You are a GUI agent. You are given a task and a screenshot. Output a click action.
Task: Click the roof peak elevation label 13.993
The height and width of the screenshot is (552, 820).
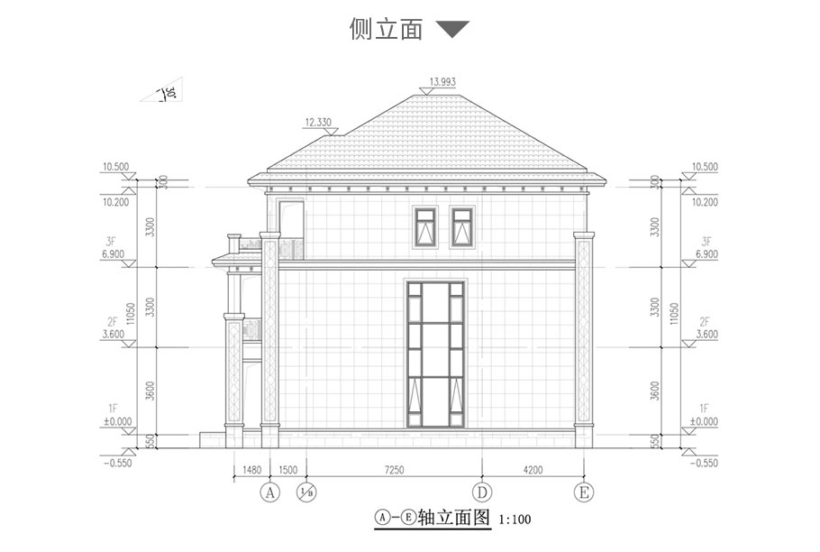point(442,82)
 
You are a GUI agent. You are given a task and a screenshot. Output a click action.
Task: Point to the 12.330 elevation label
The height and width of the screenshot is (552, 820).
point(320,122)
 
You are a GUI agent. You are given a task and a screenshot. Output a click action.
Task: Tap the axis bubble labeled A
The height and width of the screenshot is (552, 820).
point(268,492)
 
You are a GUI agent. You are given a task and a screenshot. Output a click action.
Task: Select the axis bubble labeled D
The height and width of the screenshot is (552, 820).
point(483,492)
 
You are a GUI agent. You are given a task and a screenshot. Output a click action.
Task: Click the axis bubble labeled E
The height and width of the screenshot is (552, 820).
point(584,492)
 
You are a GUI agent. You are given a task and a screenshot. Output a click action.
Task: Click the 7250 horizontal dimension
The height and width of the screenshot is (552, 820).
point(395,469)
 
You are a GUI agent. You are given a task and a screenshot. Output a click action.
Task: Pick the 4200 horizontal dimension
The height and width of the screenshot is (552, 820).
point(533,469)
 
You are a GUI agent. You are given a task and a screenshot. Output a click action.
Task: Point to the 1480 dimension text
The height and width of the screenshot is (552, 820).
point(252,469)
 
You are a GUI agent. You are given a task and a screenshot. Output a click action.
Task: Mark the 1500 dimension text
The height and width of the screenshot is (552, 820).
point(288,469)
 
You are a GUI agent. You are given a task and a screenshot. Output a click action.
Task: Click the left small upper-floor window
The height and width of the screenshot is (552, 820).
point(425,226)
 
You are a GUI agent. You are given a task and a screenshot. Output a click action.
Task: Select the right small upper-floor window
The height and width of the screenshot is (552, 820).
point(463,226)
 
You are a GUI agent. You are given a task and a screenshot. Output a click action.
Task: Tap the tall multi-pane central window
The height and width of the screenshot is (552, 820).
point(437,354)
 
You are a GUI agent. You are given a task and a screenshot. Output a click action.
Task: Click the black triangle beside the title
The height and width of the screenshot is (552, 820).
point(452,30)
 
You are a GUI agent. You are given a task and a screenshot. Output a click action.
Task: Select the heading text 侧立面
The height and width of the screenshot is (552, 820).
point(386,30)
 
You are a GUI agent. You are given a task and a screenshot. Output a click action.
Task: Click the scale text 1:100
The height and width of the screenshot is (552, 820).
point(515,520)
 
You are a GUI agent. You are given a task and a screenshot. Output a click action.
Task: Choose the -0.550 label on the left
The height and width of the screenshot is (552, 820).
point(118,463)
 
